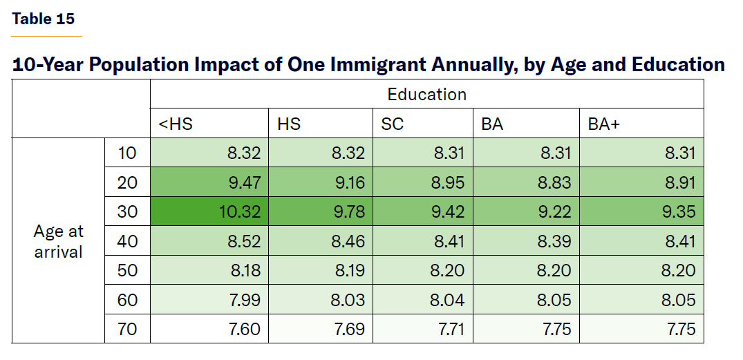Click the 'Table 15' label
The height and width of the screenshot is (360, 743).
tap(43, 19)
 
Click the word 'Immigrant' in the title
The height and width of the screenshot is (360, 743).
tap(378, 65)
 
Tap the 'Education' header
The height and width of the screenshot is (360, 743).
tap(426, 94)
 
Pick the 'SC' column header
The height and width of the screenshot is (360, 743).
tap(392, 124)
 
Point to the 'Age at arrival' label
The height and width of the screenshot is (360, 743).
tap(58, 241)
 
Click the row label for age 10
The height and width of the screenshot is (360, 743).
tap(127, 153)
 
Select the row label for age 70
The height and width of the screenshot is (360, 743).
tap(127, 329)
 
